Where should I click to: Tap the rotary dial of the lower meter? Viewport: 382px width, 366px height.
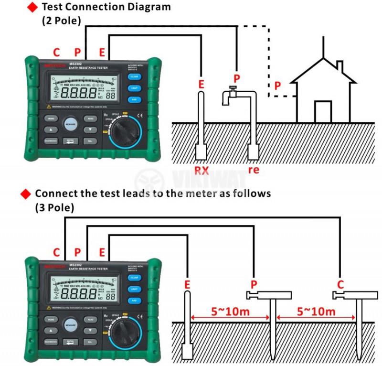click(123, 334)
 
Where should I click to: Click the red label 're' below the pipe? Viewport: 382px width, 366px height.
click(254, 170)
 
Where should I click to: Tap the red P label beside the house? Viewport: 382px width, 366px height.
click(278, 86)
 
